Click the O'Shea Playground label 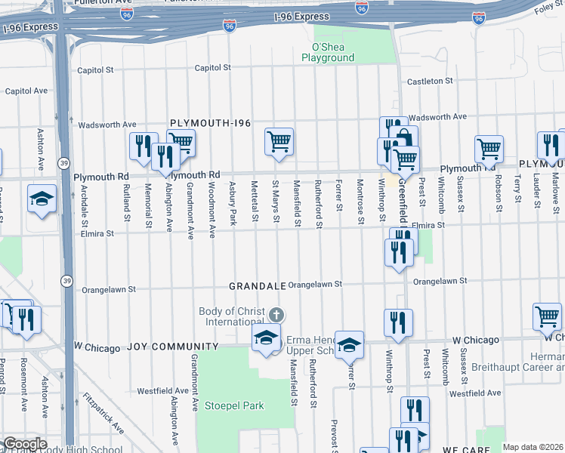pos(328,52)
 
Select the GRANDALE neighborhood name pos(258,286)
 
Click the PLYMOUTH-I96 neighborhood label pos(210,123)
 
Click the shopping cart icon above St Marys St pos(279,141)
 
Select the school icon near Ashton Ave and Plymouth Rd pos(42,199)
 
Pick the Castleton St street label pos(429,81)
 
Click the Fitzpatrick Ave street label pos(104,414)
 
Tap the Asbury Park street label pos(233,202)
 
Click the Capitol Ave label pos(26,91)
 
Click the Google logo pos(24,444)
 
